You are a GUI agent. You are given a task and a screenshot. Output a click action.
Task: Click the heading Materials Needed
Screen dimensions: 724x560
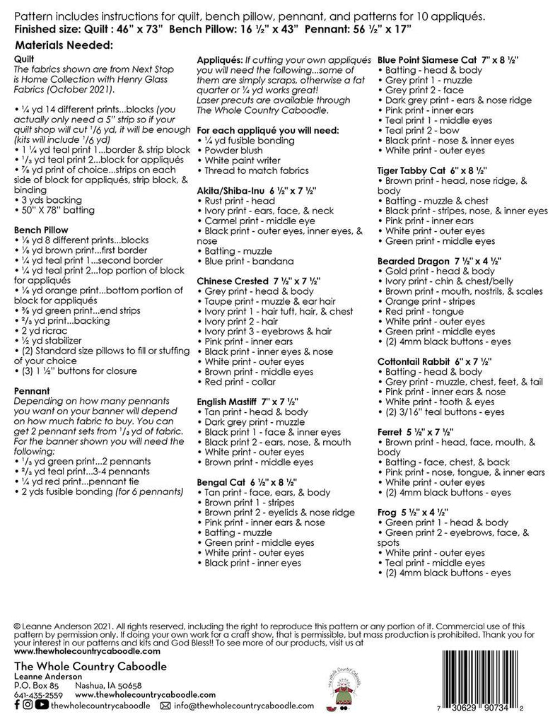pos(64,46)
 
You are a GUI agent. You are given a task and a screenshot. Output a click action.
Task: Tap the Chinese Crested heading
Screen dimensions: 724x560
pos(258,281)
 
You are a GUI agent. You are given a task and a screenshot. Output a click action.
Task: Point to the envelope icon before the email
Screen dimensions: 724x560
pos(166,705)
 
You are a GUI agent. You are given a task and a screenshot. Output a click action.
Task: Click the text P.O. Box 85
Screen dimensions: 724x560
pos(36,685)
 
